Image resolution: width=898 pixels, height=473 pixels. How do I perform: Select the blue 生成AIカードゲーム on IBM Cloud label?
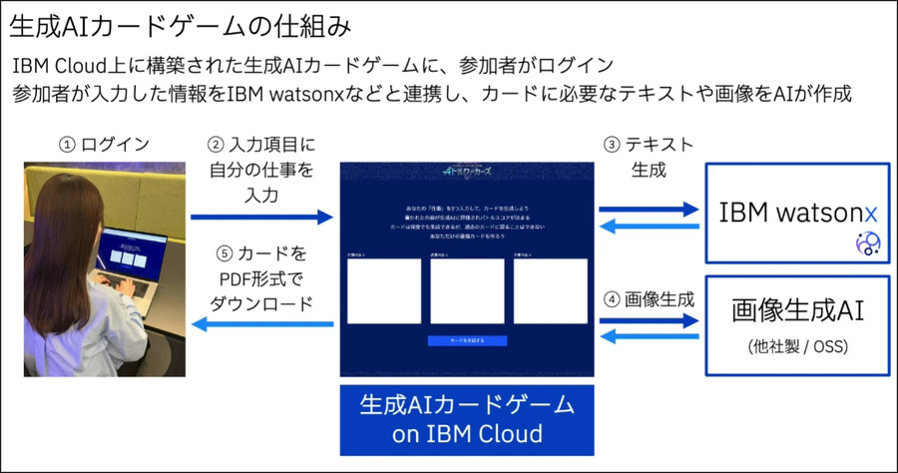467,419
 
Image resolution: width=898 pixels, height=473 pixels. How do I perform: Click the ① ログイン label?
106,145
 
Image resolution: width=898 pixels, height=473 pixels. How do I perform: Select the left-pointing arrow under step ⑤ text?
262,323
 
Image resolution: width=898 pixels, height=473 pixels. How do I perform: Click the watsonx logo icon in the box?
866,242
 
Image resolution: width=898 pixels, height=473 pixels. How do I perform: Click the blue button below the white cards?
467,340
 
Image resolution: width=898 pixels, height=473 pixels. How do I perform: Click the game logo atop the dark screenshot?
467,172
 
